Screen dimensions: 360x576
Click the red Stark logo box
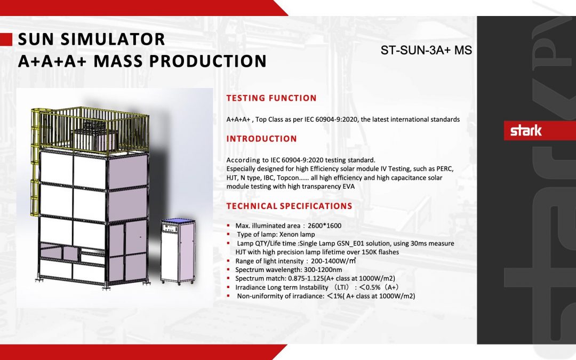[526, 131]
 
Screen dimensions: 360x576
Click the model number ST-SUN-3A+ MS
[426, 51]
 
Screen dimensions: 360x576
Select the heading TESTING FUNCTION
[271, 98]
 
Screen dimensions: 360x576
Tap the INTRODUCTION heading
[261, 139]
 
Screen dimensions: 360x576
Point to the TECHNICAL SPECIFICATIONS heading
[289, 206]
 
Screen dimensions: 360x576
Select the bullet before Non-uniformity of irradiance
[229, 296]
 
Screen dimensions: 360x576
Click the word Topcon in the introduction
[283, 177]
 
